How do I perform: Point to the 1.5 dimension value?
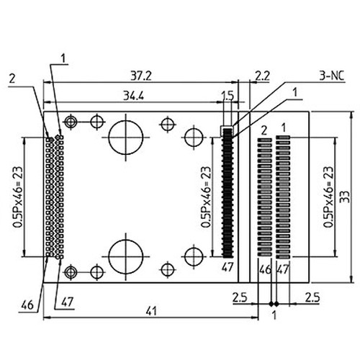pos(228,96)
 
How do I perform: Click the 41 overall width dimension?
pos(150,311)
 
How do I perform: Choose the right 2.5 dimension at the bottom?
pos(312,296)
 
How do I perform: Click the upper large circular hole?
pos(127,135)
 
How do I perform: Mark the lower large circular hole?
pos(127,255)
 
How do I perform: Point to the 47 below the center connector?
pos(228,267)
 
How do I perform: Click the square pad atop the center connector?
pos(228,131)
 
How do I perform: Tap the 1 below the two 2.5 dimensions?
pos(274,314)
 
